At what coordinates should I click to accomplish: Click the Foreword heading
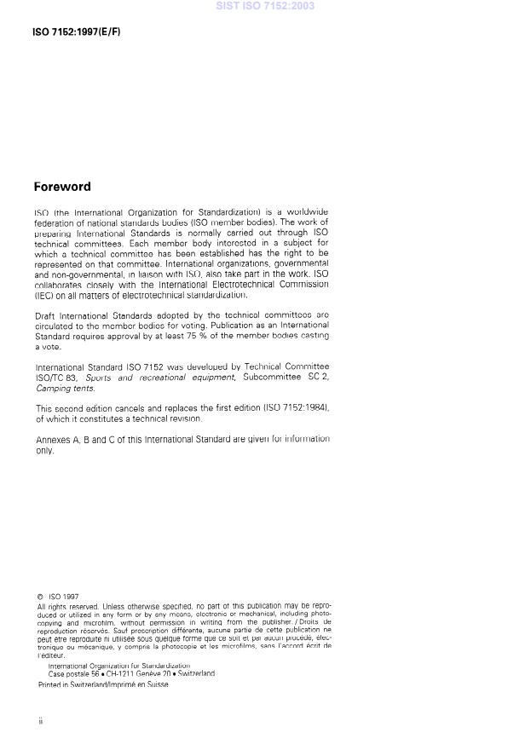pos(62,187)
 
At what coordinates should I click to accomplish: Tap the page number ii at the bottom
pos(39,721)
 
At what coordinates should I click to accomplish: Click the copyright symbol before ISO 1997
pos(39,597)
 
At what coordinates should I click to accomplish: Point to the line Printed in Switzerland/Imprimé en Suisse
pos(102,684)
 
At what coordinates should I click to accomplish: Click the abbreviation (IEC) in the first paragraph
pos(43,295)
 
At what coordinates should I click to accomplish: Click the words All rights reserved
pos(64,606)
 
